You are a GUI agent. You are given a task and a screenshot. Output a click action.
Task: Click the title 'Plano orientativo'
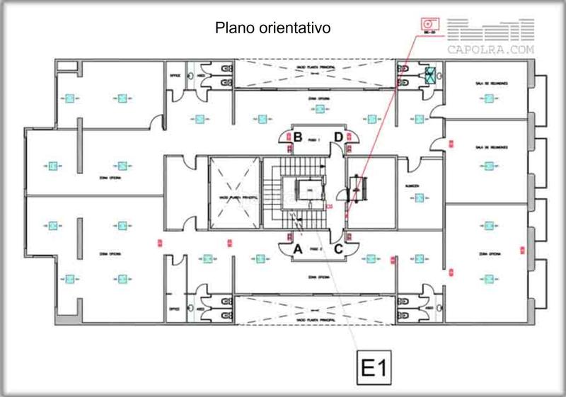pyautogui.click(x=273, y=28)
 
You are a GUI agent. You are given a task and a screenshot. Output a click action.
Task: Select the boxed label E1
pyautogui.click(x=372, y=368)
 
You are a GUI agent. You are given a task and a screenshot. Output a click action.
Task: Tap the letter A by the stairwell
pyautogui.click(x=298, y=248)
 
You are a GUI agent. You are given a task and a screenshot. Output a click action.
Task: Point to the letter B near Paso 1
pyautogui.click(x=299, y=137)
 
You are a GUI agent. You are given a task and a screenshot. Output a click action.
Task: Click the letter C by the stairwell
pyautogui.click(x=339, y=248)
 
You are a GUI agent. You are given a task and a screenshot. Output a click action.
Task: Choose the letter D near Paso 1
pyautogui.click(x=339, y=137)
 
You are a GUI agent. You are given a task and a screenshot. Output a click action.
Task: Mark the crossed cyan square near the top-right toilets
pyautogui.click(x=432, y=75)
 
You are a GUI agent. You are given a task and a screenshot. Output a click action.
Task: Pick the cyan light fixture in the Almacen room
pyautogui.click(x=419, y=199)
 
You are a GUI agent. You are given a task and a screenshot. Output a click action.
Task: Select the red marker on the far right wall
pyautogui.click(x=521, y=249)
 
